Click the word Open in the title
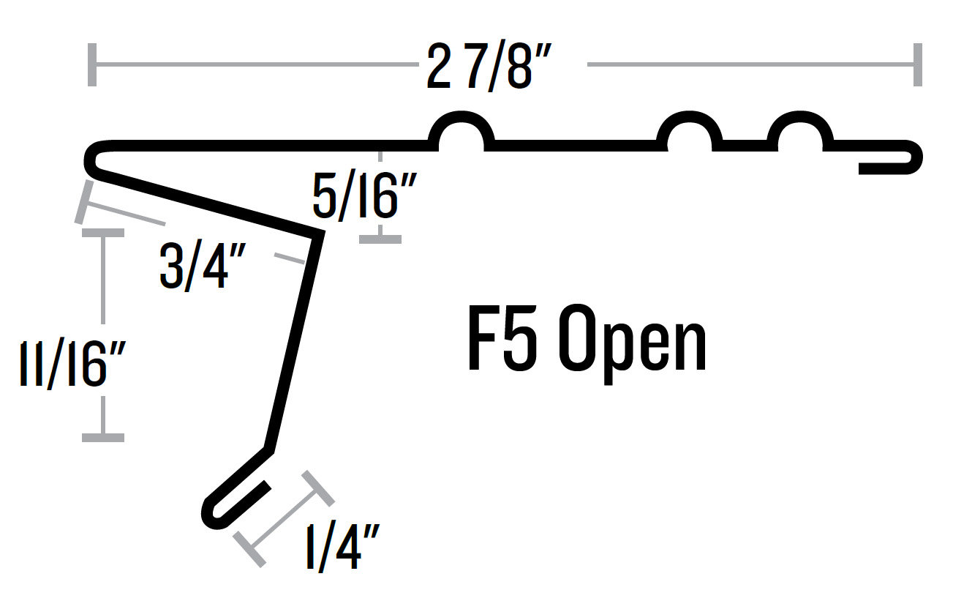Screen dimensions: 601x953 tap(633, 343)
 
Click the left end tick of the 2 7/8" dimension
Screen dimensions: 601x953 tap(91, 64)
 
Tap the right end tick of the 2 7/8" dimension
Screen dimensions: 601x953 tap(916, 64)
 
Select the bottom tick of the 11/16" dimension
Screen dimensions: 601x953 tap(103, 437)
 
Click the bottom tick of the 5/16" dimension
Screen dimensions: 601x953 tap(380, 239)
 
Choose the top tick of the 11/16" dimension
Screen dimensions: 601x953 tap(103, 233)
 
